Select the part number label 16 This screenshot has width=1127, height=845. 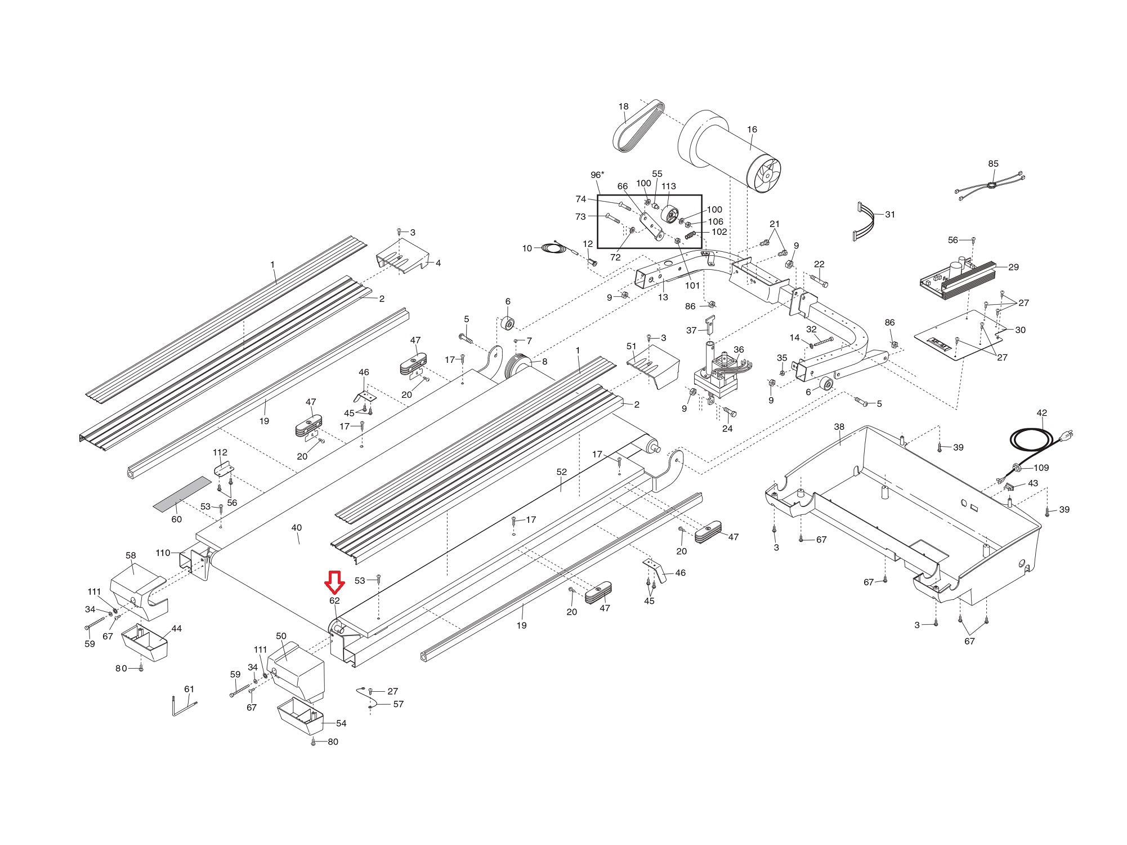coord(752,130)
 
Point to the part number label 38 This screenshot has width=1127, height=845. coord(839,427)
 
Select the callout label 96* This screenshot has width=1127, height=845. coord(597,175)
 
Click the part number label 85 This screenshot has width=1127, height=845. coord(993,164)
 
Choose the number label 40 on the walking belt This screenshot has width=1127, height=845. coord(297,528)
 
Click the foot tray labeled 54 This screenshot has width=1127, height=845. coord(302,717)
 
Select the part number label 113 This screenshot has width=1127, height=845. coord(668,186)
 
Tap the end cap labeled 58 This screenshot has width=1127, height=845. coord(135,586)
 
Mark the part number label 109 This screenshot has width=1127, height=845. coord(1041,468)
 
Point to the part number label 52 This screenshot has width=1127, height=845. coord(561,472)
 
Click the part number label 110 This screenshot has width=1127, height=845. coord(163,553)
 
